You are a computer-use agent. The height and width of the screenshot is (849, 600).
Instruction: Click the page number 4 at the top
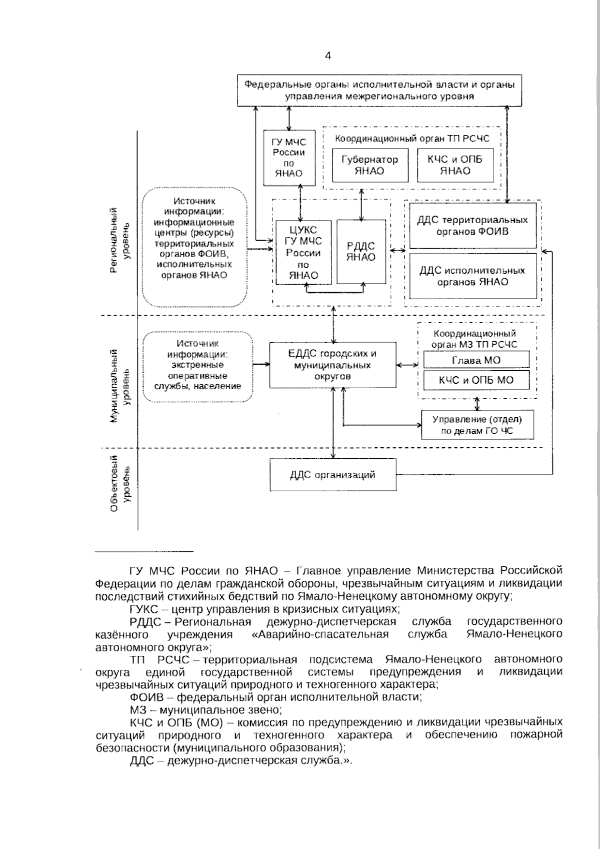click(327, 56)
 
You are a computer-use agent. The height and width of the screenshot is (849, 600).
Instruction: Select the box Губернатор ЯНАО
click(369, 165)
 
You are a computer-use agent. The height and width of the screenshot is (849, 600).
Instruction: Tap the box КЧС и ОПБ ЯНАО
click(455, 165)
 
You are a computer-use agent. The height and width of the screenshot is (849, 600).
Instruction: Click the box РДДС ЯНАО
click(361, 252)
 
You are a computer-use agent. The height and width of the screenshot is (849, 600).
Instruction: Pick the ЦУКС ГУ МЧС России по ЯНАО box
click(303, 252)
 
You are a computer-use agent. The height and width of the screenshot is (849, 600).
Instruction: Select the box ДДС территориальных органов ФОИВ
click(472, 226)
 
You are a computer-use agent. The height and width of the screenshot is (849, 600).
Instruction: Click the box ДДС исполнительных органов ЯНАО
click(472, 276)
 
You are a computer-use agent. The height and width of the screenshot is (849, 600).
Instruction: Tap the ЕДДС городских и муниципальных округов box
click(332, 365)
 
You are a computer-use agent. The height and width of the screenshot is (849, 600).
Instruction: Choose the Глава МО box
click(476, 360)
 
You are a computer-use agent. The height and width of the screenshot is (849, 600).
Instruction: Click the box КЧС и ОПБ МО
click(476, 380)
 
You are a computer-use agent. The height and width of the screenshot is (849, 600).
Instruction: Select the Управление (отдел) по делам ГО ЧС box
click(477, 425)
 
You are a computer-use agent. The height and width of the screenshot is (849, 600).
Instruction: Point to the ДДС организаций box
click(332, 475)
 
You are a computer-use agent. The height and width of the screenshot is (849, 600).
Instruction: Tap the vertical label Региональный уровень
click(119, 240)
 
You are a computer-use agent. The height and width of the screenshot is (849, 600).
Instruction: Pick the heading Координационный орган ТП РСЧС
click(412, 139)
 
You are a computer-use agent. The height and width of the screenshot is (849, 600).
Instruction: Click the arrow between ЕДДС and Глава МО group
click(407, 365)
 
